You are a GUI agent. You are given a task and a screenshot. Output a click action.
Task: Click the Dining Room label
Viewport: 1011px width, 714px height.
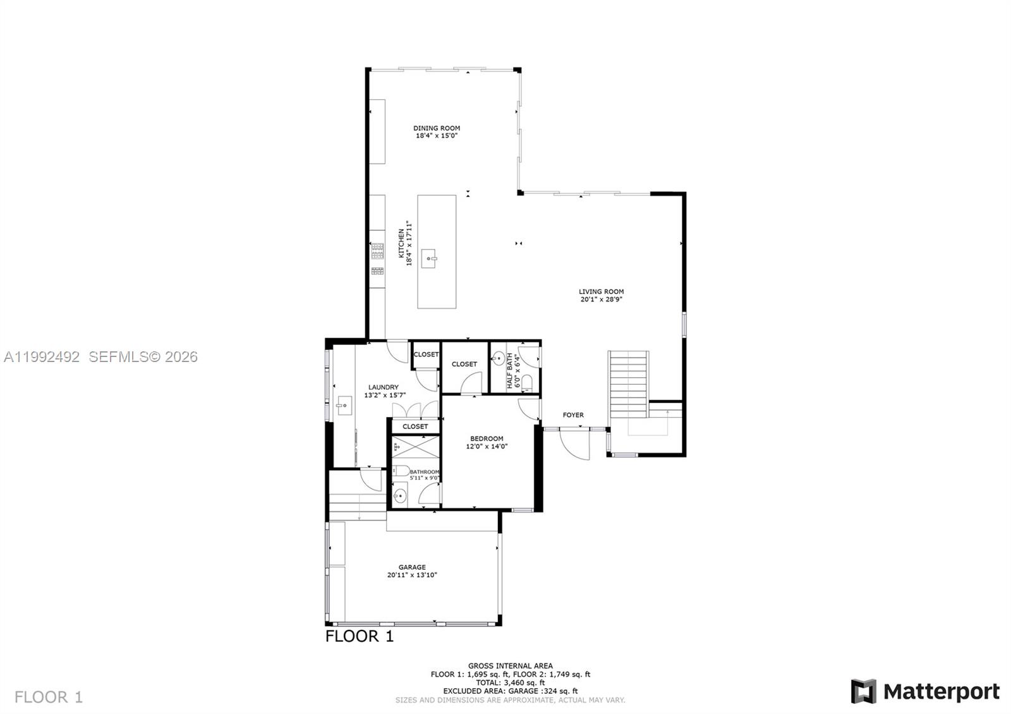click(x=437, y=128)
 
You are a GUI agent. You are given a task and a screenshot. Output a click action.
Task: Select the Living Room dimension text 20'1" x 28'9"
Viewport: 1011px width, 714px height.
click(x=602, y=300)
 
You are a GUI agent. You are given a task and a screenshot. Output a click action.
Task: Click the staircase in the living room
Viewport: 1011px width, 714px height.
click(x=629, y=383)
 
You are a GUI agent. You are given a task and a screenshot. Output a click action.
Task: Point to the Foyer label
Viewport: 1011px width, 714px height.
click(x=573, y=415)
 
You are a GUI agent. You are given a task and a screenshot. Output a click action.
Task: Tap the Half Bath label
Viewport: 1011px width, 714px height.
click(x=509, y=371)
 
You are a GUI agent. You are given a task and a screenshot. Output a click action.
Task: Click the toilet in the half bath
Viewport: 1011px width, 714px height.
click(x=528, y=384)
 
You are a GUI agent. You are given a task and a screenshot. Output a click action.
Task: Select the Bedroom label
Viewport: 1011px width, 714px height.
click(x=487, y=439)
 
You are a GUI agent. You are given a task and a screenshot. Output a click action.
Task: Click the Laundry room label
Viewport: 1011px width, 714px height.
click(x=384, y=387)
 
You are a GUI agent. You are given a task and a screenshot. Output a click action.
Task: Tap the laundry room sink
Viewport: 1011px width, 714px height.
click(x=345, y=405)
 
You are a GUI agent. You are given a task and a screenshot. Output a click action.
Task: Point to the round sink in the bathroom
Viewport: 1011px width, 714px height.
click(x=401, y=495)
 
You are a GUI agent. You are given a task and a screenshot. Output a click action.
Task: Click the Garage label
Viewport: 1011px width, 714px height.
click(x=412, y=567)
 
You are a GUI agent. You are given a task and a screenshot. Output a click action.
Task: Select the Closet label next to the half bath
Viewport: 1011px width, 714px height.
click(x=464, y=364)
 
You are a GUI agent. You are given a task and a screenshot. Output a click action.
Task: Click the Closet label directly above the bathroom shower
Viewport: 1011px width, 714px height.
click(x=415, y=427)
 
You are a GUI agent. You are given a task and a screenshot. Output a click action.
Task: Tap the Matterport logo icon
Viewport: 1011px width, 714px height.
click(x=863, y=691)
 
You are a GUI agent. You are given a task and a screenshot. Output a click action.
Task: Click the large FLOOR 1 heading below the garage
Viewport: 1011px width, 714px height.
click(x=360, y=636)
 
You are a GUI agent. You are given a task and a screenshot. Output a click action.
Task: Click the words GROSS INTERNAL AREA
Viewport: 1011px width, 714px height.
click(x=510, y=665)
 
